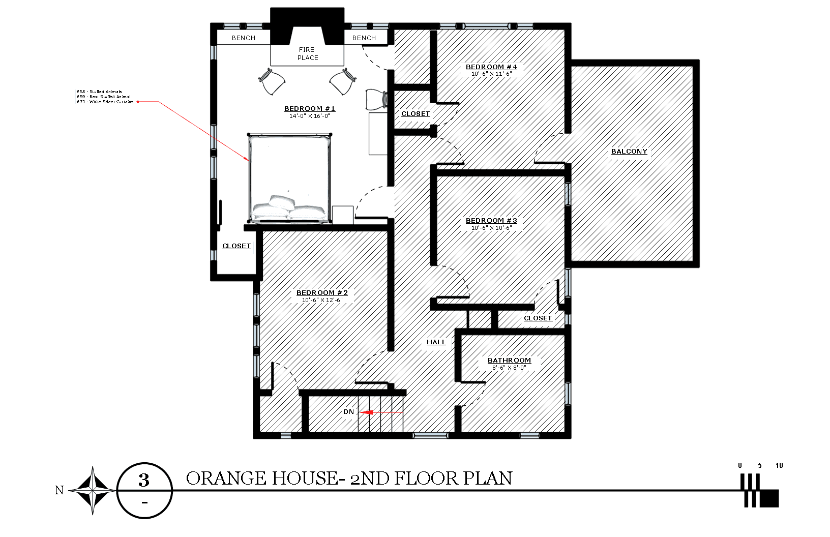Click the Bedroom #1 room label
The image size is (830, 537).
pos(310,109)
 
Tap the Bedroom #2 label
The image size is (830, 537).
pos(322,293)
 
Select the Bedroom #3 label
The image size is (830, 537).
pos(491,221)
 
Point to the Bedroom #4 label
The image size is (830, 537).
pos(491,67)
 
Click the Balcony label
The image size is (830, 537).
pos(629,152)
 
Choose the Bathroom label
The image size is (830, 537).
pos(509,361)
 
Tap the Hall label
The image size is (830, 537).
pos(436,342)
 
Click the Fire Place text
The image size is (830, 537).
pos(307,53)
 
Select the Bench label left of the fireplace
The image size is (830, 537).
pos(244,38)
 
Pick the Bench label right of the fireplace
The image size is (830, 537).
pos(364,38)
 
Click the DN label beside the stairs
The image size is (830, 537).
pos(348,412)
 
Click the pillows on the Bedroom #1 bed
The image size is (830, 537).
pos(288,208)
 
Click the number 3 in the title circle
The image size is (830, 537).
pos(144,480)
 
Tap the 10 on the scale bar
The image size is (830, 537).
pos(779,465)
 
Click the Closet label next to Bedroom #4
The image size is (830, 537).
pos(416,114)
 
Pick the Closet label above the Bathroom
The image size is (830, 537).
pos(538,318)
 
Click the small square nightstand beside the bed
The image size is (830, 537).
pos(343,215)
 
